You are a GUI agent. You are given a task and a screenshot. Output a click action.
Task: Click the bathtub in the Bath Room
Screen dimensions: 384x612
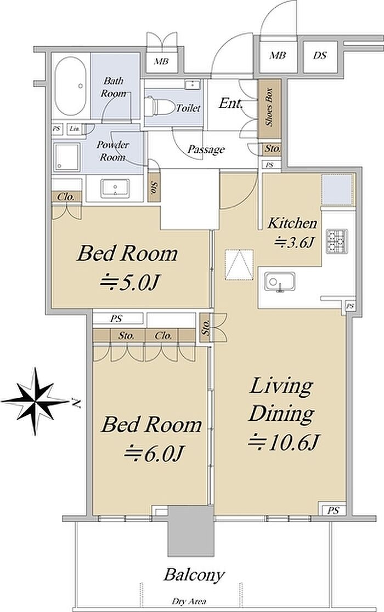(x=70, y=87)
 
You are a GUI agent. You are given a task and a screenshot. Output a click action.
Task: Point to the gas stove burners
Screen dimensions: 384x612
(x=336, y=242)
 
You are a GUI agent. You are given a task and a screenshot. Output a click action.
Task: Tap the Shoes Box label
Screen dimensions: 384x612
(x=269, y=107)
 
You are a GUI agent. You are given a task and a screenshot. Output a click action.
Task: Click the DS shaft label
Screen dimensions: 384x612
(x=320, y=55)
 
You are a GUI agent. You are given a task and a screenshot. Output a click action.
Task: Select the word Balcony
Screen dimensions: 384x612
(x=194, y=575)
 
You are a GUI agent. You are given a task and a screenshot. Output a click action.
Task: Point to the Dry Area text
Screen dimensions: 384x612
(x=189, y=602)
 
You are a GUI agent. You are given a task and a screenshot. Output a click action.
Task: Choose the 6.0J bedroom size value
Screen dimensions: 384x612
(x=154, y=453)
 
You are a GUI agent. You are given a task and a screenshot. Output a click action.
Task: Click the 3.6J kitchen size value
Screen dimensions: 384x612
(x=294, y=243)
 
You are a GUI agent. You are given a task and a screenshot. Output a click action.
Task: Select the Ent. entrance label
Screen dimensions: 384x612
(x=230, y=103)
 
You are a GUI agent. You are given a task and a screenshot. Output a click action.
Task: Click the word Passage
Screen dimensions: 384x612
(x=206, y=149)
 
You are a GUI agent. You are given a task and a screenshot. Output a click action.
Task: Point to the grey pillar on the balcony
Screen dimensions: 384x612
(x=191, y=531)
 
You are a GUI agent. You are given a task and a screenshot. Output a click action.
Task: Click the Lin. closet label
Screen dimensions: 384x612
(x=74, y=128)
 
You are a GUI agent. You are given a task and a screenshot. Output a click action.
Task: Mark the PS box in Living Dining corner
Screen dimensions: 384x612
(x=333, y=510)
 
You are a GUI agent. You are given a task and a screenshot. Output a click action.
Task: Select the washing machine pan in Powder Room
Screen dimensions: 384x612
(x=67, y=157)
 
